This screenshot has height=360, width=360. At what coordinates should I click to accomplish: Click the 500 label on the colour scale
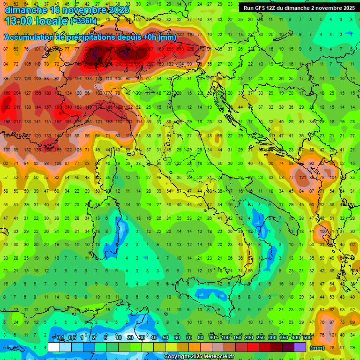(x=307, y=338)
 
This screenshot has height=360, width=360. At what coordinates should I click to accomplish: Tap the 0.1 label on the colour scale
(x=60, y=338)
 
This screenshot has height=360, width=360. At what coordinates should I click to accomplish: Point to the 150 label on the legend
(x=237, y=338)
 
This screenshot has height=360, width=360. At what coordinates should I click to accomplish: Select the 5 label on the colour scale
(x=106, y=338)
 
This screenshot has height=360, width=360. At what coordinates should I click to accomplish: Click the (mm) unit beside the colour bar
(x=317, y=348)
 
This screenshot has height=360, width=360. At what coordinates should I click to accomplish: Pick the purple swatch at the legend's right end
(x=300, y=347)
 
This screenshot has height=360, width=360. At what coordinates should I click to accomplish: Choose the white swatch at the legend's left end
(x=54, y=347)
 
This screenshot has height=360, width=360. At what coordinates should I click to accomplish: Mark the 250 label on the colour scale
(x=260, y=338)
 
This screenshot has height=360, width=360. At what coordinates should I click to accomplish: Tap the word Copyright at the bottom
(x=178, y=357)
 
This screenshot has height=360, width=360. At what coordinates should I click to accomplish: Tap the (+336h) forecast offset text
(x=83, y=21)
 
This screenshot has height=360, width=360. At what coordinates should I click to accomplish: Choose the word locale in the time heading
(x=50, y=21)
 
